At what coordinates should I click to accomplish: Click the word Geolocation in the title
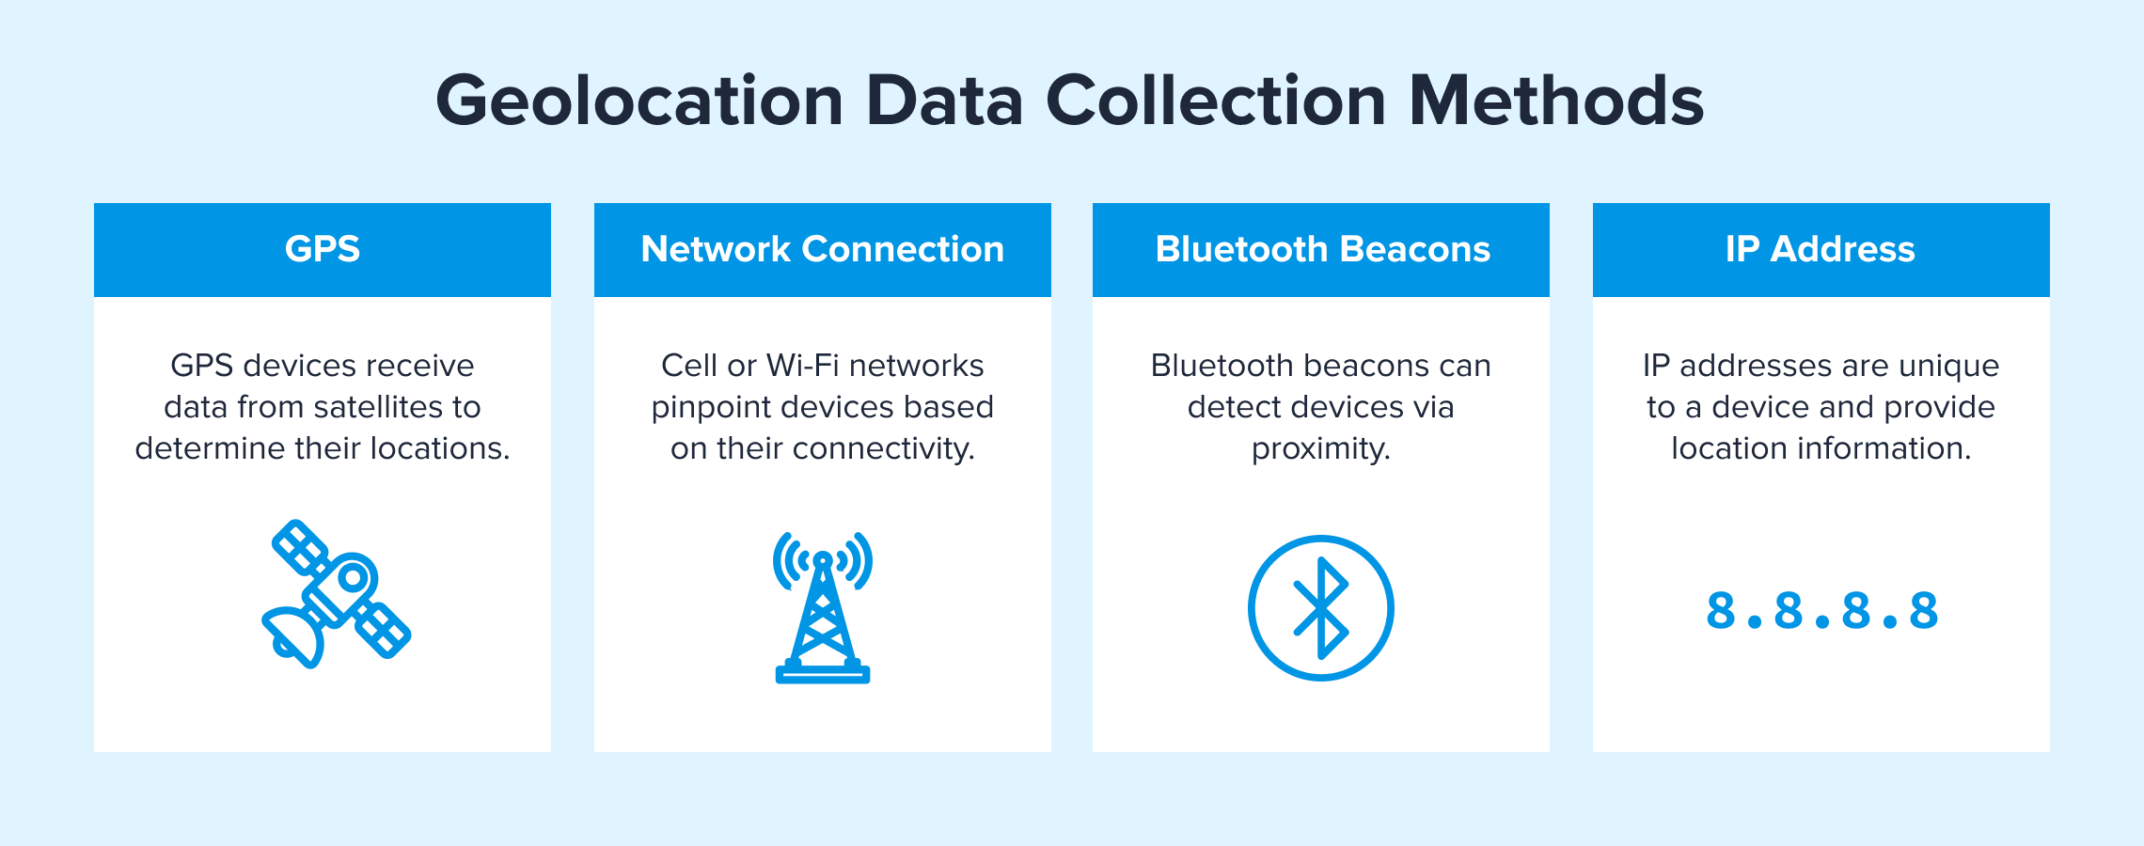pyautogui.click(x=639, y=102)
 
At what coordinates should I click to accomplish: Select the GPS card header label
pyautogui.click(x=323, y=249)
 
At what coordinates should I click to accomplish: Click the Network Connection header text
pyautogui.click(x=823, y=249)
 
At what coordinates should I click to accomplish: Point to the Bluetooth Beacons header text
pyautogui.click(x=1323, y=249)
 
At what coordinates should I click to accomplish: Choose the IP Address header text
pyautogui.click(x=1821, y=249)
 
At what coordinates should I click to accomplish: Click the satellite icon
pyautogui.click(x=336, y=594)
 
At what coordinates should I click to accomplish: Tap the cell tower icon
pyautogui.click(x=823, y=607)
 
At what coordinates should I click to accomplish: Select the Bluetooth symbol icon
pyautogui.click(x=1321, y=608)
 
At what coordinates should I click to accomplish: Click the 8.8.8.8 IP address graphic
pyautogui.click(x=1821, y=611)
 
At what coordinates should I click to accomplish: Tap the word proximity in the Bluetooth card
pyautogui.click(x=1320, y=449)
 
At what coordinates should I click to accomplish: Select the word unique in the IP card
pyautogui.click(x=1947, y=367)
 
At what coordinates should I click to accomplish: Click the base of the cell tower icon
pyautogui.click(x=823, y=673)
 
